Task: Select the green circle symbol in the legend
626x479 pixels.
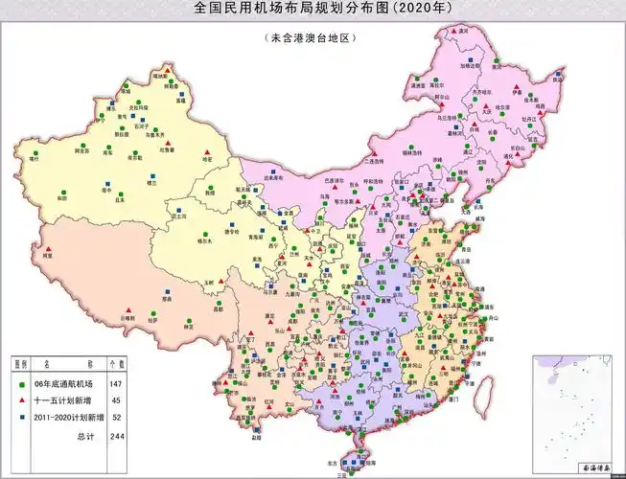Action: pos(21,383)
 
